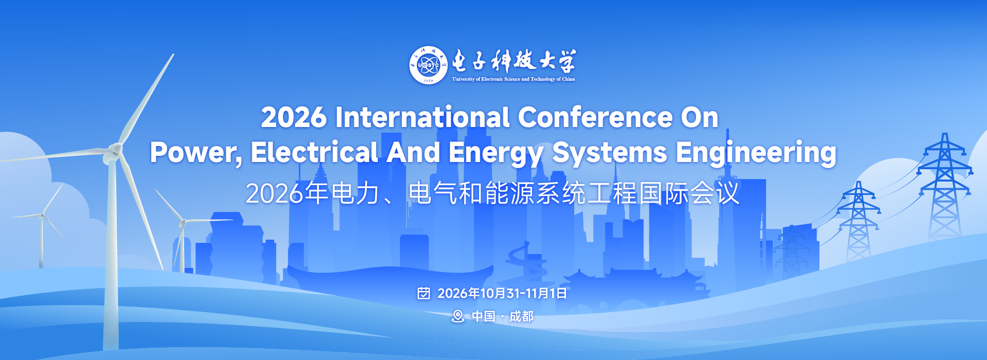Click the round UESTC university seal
(x=428, y=65)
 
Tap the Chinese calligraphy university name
(x=514, y=61)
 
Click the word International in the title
(x=422, y=117)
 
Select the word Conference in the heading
(x=595, y=117)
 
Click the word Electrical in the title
(x=315, y=152)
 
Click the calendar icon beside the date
(x=424, y=293)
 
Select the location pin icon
(x=458, y=316)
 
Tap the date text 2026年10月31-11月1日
(x=502, y=293)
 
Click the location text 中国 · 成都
(x=503, y=316)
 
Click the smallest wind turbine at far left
(x=42, y=226)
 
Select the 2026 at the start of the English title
(x=294, y=117)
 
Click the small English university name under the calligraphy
(x=514, y=79)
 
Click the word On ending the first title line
(x=700, y=117)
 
